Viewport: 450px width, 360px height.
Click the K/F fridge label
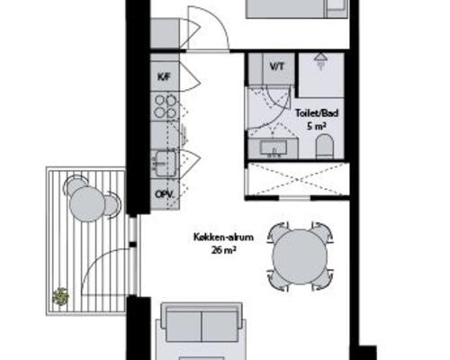(x=164, y=76)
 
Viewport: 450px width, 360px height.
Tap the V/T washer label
(x=276, y=67)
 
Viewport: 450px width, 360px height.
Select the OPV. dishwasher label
(x=165, y=194)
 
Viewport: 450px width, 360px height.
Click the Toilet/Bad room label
(x=317, y=113)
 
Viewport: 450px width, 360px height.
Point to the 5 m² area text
(x=317, y=126)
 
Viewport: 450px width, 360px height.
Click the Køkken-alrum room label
(x=223, y=238)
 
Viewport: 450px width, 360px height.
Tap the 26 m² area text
(x=222, y=249)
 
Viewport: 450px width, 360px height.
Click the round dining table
(x=300, y=256)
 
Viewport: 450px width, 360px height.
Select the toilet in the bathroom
(x=325, y=147)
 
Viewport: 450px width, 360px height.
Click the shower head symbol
(x=320, y=61)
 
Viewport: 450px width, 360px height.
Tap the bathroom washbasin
(x=274, y=148)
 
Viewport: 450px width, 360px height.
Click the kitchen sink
(x=164, y=164)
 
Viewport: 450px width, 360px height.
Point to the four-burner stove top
(x=165, y=106)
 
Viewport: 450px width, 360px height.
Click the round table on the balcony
(x=87, y=204)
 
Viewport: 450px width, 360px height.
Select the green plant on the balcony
(x=60, y=297)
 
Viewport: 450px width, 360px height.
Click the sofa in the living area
(x=202, y=323)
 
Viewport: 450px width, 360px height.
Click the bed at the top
(x=297, y=9)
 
